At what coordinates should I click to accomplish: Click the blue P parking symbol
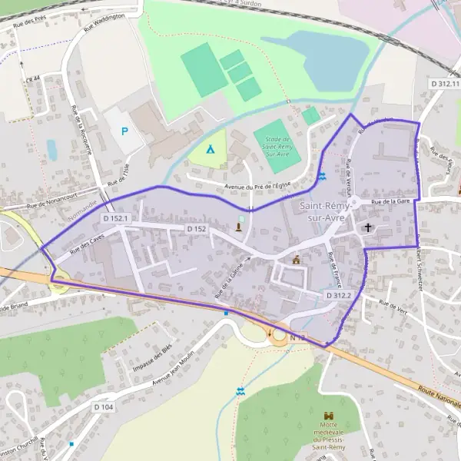pos(125,131)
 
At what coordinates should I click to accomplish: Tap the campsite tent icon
pos(211,148)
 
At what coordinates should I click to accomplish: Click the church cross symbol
pos(368,227)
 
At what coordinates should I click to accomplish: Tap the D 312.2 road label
pos(337,295)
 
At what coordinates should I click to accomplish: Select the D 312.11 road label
pos(444,83)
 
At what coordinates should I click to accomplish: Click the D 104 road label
pos(103,406)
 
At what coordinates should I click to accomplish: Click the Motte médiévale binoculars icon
pos(333,416)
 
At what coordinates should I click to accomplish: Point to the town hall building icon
pos(296,260)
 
